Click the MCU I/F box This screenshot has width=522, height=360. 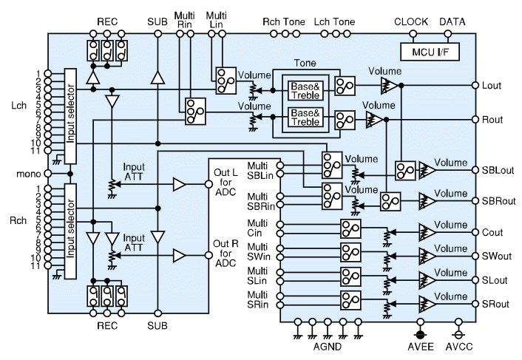(430, 52)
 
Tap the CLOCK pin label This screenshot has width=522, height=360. (411, 22)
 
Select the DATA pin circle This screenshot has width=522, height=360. (448, 33)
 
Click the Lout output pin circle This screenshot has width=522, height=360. (475, 85)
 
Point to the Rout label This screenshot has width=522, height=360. (492, 120)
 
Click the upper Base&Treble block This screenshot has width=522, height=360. (305, 91)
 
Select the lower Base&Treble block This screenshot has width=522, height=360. (305, 118)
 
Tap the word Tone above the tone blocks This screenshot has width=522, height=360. (305, 64)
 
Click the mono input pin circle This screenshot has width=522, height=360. (48, 174)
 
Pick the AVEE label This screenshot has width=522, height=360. (421, 347)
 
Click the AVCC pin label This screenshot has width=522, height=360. (459, 347)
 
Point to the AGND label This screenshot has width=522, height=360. (328, 347)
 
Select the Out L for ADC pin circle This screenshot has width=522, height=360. (209, 184)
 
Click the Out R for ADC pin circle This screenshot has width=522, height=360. (209, 255)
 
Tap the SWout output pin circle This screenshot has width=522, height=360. (475, 257)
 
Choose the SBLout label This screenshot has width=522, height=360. (498, 170)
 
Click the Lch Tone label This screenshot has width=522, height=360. (334, 22)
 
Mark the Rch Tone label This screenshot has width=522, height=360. (284, 22)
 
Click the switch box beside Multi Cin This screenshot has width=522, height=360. (350, 228)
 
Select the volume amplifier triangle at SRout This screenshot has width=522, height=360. (427, 304)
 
